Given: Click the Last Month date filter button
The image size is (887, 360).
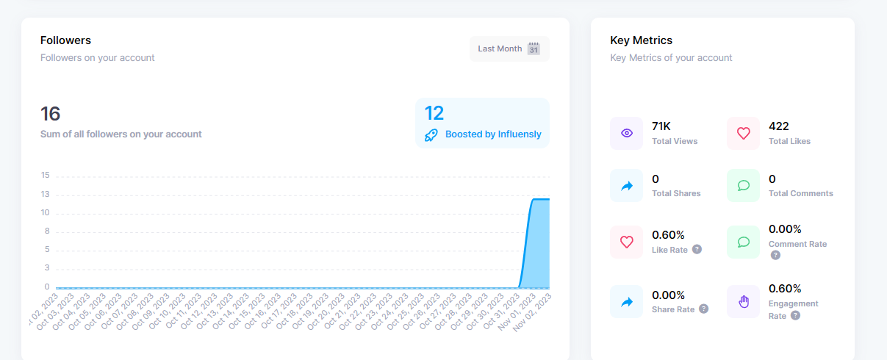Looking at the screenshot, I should click(x=509, y=48).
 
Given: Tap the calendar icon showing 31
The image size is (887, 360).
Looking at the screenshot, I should click(x=534, y=49).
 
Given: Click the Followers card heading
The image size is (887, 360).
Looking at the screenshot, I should click(x=65, y=40).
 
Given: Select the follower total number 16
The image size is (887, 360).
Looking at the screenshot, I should click(x=50, y=114).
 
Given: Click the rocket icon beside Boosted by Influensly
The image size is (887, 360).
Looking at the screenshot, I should click(x=431, y=134).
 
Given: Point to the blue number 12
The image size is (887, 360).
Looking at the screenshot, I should click(x=434, y=113).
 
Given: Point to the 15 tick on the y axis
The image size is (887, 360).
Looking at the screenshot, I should click(x=46, y=176).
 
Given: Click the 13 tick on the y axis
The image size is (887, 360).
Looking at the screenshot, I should click(x=46, y=195).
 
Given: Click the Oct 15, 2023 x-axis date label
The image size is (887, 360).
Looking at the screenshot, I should click(x=245, y=312).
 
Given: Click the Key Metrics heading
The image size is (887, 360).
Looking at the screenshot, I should click(x=641, y=40).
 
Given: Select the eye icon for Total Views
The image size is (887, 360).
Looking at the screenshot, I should click(x=626, y=133).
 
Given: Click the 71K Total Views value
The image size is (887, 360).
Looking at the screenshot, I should click(x=662, y=126).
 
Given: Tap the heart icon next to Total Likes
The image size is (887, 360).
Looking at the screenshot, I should click(x=743, y=133).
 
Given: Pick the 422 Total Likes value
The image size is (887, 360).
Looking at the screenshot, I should click(x=778, y=126).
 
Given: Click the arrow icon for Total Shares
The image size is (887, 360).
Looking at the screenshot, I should click(x=626, y=186).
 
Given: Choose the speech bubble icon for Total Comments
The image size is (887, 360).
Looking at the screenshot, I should click(x=743, y=186).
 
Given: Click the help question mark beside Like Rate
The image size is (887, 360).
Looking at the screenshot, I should click(x=697, y=250).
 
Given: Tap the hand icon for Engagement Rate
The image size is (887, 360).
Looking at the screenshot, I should click(x=743, y=302).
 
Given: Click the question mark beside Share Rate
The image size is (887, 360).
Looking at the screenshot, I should click(x=703, y=309).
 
